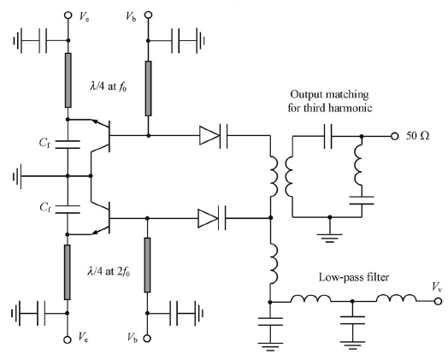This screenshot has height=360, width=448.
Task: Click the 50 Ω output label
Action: [x=417, y=136]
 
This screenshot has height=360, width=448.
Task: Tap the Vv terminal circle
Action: [x=438, y=301]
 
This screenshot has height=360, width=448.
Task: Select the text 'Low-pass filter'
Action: [x=354, y=277]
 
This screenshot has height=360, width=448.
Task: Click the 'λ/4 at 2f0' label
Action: [x=109, y=271]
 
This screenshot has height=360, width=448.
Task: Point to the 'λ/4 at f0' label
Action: [x=108, y=86]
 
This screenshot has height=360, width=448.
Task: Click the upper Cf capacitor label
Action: [x=44, y=143]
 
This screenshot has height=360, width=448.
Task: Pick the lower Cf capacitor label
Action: [x=45, y=207]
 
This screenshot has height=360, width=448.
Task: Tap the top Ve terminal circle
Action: [x=68, y=15]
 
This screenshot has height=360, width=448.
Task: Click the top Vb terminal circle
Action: [x=148, y=15]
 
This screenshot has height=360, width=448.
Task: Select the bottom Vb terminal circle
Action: [x=147, y=339]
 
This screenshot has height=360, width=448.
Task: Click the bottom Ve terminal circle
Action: [x=68, y=339]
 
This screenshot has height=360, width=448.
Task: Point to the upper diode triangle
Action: [x=209, y=135]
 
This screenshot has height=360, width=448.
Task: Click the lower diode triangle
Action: [x=208, y=218]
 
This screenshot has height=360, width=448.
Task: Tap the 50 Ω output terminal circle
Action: [x=394, y=137]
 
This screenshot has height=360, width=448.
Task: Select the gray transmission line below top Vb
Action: [x=148, y=88]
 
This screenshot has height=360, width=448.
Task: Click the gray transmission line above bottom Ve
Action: [x=68, y=272]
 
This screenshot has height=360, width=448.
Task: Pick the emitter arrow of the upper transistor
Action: [x=96, y=122]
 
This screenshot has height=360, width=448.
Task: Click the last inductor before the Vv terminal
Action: [x=397, y=298]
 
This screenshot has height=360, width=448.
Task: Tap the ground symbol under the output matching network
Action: [x=330, y=238]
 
